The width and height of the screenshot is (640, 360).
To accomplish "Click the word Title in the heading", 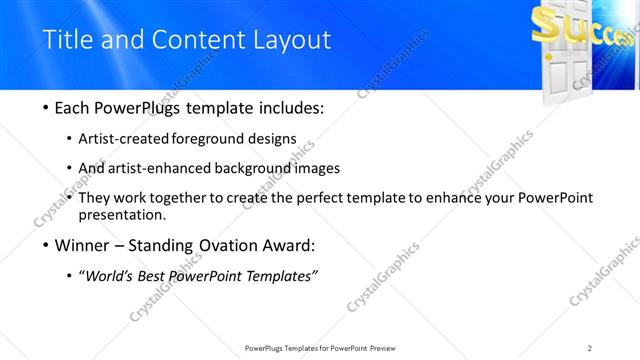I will click(x=66, y=40).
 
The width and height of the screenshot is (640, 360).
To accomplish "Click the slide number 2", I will click(x=590, y=347).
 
